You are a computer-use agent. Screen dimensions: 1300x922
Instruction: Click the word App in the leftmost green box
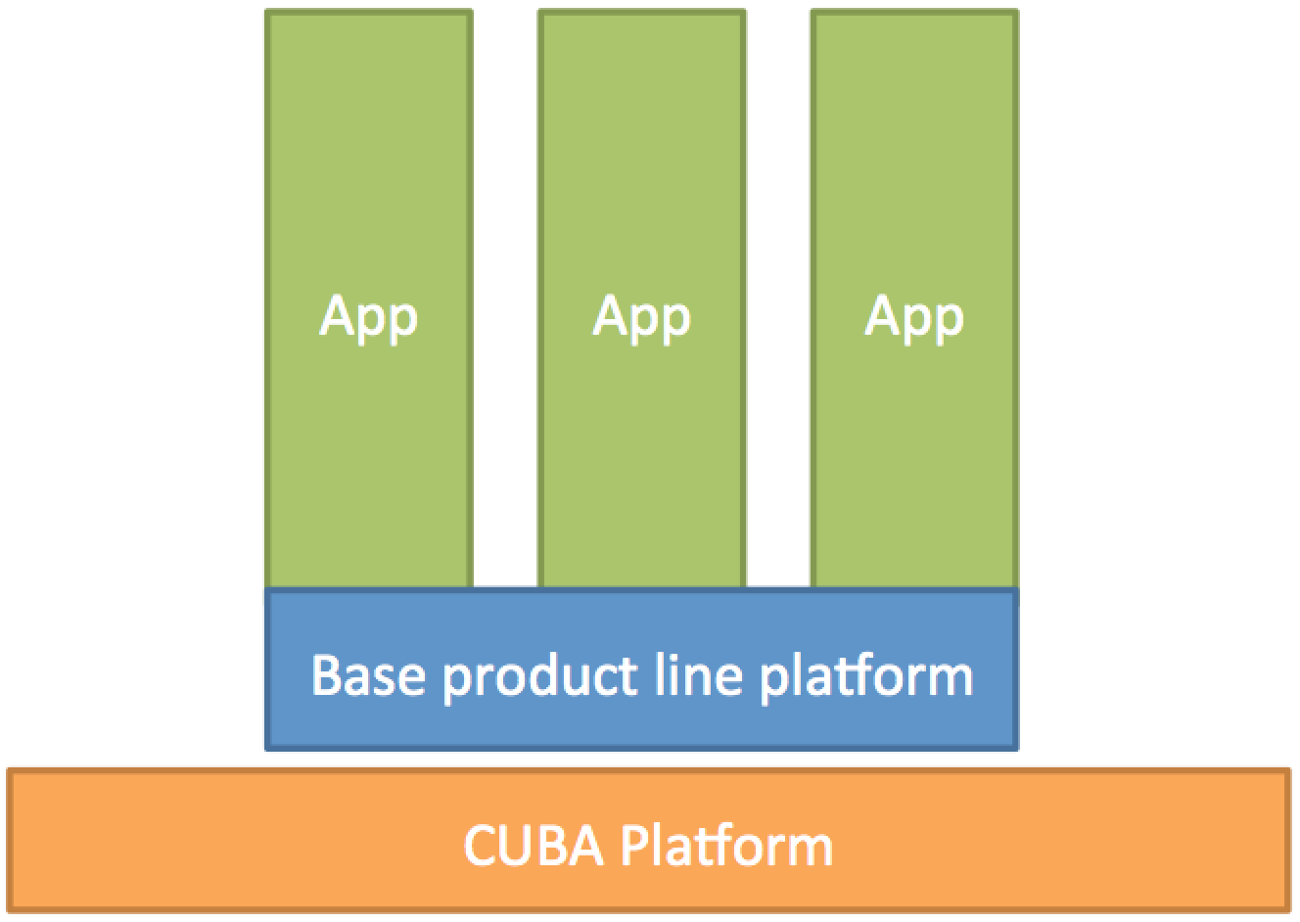point(368,318)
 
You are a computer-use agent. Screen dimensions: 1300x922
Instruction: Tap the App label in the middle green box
point(641,318)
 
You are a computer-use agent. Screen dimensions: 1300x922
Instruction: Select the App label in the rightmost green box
point(914,318)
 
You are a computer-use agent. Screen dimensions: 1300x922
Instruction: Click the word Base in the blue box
point(368,674)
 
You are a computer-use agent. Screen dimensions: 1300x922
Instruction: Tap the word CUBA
point(534,846)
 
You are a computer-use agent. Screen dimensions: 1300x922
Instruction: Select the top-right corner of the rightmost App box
point(1018,9)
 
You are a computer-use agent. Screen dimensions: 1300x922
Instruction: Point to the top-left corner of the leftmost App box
point(265,9)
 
